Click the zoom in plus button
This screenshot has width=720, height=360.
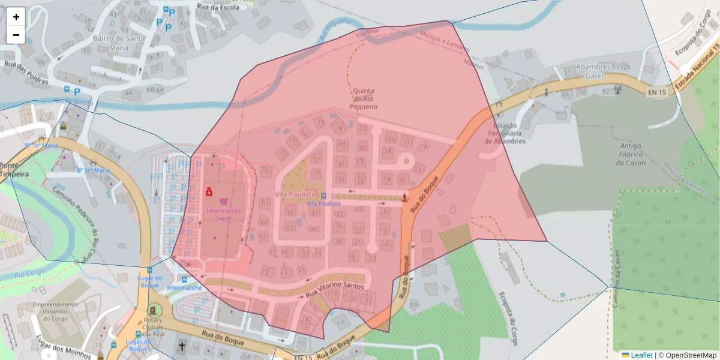coord(16,17)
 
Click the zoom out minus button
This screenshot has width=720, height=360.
coord(16,35)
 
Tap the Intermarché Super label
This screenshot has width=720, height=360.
coord(223,214)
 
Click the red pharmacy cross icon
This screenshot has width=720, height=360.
coord(209,192)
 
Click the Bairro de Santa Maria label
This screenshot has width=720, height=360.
coord(119,42)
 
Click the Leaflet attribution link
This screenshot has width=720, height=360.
coord(641,355)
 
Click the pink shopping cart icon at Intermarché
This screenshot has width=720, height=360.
coord(224,202)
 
